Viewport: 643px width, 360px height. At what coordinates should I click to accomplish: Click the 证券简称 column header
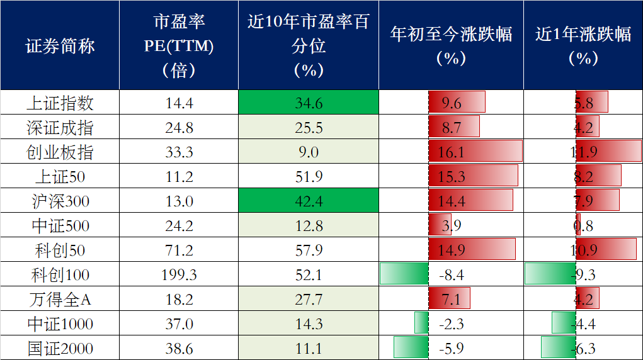60,46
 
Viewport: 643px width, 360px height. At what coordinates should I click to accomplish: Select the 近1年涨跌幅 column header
583,45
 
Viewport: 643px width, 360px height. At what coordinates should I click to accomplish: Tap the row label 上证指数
60,103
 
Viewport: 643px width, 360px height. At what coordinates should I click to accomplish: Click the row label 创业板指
60,152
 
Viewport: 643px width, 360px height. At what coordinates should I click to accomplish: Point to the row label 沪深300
60,201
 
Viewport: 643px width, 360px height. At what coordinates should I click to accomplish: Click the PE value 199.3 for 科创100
178,275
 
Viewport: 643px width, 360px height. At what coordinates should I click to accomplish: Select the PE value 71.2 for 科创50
178,250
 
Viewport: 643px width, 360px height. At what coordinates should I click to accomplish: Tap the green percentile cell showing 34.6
309,103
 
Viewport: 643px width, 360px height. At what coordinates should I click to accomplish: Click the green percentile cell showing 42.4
309,201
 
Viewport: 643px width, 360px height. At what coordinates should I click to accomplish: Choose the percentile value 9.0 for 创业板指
309,152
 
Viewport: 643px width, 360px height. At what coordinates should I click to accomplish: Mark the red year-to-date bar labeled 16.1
475,152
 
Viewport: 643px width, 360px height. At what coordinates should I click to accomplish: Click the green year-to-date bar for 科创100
404,274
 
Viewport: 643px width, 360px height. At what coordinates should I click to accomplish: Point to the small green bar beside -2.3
421,323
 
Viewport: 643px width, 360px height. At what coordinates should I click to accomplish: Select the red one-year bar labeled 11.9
608,152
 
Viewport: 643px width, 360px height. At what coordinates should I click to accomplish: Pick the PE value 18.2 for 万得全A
178,300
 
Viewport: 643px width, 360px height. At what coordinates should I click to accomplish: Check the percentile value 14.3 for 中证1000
309,324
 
